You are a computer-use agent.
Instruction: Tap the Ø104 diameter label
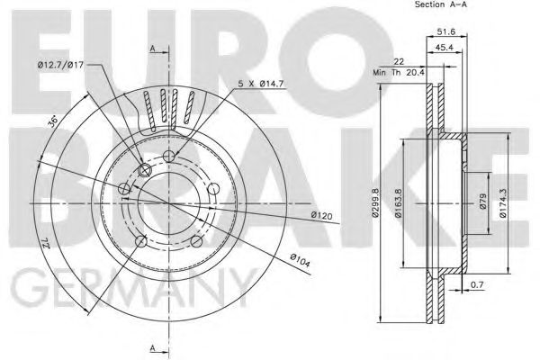click(301, 260)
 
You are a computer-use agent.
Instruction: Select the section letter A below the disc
click(154, 346)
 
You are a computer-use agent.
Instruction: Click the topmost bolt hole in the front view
click(172, 157)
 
